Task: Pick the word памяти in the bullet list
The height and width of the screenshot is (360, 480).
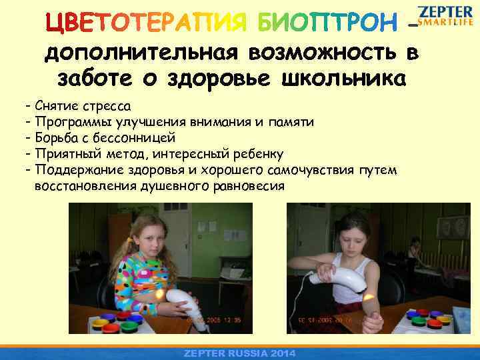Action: point(287,122)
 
